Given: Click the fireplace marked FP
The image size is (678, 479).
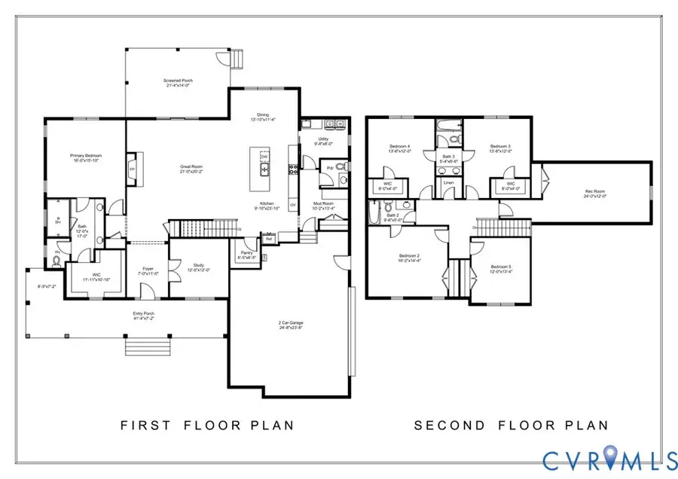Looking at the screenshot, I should click(133, 170).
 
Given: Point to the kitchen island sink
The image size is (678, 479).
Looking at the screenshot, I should click(264, 169).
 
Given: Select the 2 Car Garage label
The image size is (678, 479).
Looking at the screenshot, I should click(290, 323).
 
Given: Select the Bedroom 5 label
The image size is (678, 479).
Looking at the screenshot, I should click(501, 267).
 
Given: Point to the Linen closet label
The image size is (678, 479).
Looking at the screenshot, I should click(448, 182).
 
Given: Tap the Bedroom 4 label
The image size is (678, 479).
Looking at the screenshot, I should click(399, 146).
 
